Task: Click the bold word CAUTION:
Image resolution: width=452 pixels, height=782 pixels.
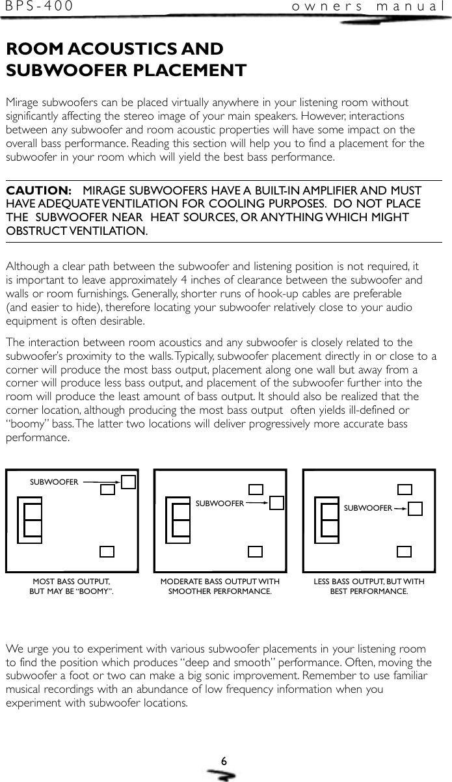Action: (x=38, y=191)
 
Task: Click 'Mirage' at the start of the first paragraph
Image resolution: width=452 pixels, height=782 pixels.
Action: (x=21, y=103)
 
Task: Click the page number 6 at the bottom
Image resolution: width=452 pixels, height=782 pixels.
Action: (x=223, y=761)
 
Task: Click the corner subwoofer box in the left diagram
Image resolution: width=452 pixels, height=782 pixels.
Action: (x=129, y=481)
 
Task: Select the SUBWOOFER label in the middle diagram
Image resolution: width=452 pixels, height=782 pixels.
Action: (x=220, y=503)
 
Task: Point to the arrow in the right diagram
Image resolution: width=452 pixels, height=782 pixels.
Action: (x=401, y=507)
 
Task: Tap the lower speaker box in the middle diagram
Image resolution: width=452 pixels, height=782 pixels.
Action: (x=256, y=552)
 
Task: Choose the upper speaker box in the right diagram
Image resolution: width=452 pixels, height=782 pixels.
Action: (x=405, y=490)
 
